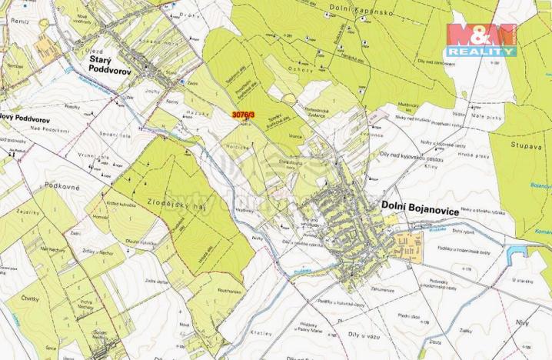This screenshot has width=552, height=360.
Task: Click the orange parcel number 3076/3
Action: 243,115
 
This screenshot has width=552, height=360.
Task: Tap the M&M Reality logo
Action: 483,39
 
